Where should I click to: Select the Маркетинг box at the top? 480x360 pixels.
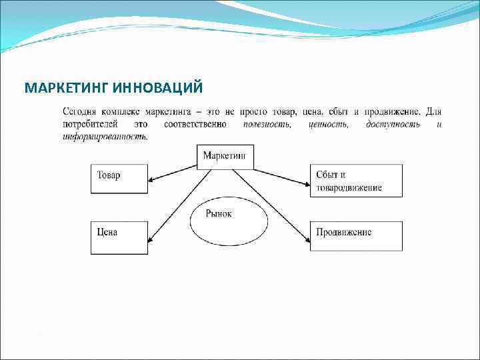(225, 156)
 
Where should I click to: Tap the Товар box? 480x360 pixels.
(119, 179)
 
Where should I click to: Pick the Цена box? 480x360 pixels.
(119, 237)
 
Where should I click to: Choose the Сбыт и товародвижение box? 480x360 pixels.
(356, 181)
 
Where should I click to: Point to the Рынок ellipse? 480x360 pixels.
(229, 219)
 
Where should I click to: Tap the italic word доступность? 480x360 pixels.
(393, 124)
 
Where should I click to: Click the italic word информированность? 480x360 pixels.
(105, 136)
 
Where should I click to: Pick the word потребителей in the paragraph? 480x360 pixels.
(89, 124)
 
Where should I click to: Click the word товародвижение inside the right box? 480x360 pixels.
(349, 187)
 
